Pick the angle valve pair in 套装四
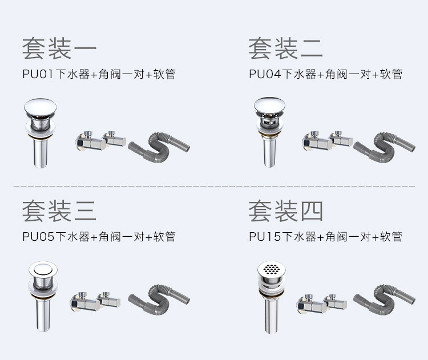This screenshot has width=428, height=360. coord(319,304)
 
